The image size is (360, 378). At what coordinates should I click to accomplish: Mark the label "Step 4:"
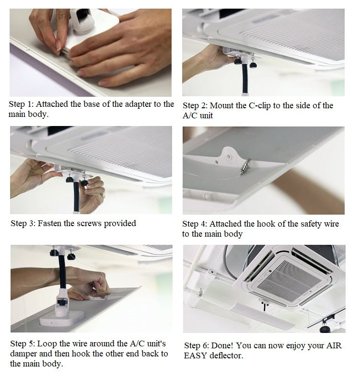coord(195,224)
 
